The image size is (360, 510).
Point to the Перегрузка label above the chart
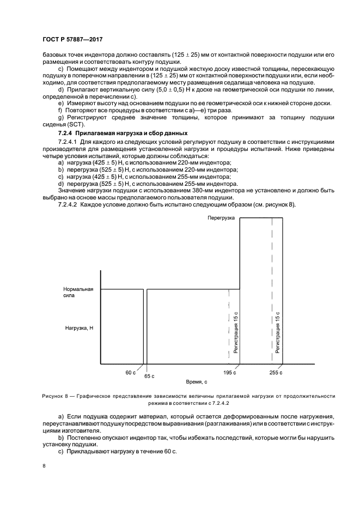(x=221, y=218)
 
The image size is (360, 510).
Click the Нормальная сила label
(x=78, y=293)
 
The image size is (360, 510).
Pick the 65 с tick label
(x=149, y=376)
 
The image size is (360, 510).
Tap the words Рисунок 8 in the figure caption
(x=56, y=396)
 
